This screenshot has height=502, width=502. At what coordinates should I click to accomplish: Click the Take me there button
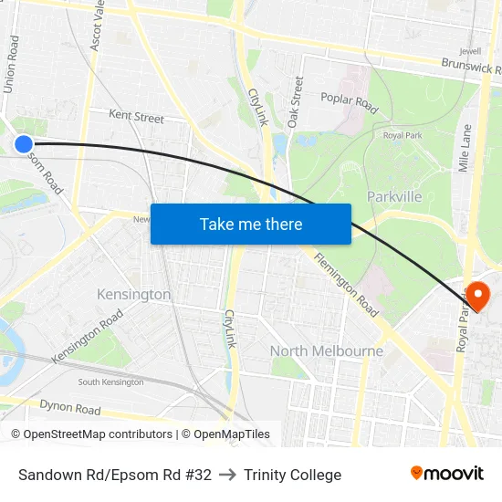pos(251,224)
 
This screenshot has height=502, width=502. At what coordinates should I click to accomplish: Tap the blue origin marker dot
pos(24,143)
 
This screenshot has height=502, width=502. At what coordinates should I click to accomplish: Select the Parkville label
pos(394,196)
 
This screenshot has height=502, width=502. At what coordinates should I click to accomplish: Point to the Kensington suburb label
pos(133,295)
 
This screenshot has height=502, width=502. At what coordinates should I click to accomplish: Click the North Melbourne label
pos(327,350)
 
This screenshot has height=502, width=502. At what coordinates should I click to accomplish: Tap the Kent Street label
pos(136,118)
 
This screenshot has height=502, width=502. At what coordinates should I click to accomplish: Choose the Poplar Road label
pos(349,101)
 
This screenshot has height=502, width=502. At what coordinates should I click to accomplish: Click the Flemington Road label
pos(346,285)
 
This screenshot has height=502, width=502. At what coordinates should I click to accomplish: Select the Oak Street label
pos(296,100)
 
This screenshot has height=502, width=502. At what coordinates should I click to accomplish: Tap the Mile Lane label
pos(465,149)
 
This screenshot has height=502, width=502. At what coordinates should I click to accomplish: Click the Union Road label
pos(12,64)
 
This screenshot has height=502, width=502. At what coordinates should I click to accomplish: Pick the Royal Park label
pos(403,136)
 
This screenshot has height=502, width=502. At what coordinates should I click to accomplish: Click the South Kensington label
pos(110,382)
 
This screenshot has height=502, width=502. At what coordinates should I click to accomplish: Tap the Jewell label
pos(471,51)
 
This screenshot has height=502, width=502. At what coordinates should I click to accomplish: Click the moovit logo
pos(446,474)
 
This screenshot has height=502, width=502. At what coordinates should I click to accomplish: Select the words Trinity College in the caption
pos(292,475)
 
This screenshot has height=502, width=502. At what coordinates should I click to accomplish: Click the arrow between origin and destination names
pos(227,475)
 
